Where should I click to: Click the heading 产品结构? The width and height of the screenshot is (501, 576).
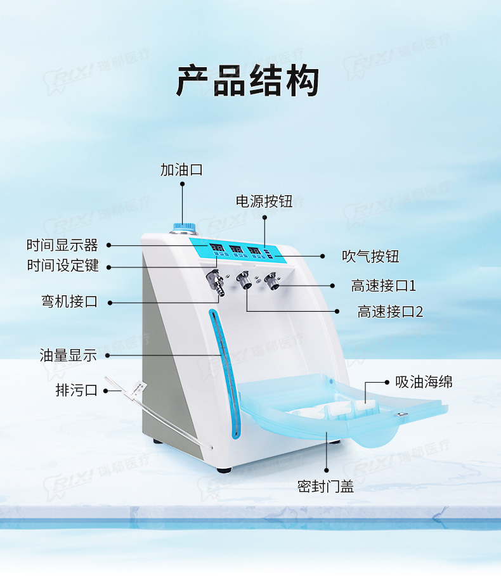coord(247,80)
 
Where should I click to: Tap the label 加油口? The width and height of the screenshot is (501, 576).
coord(181,170)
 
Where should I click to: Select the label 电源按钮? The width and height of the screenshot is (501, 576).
coord(264,202)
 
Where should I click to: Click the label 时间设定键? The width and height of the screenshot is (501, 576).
coord(63,266)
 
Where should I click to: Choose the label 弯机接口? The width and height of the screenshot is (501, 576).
coord(70,302)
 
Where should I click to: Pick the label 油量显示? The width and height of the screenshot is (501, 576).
coord(68,355)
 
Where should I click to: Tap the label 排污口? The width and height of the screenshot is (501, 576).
coord(77,390)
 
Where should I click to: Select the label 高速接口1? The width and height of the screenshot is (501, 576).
coord(384,286)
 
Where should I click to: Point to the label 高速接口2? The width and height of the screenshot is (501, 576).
coord(390,311)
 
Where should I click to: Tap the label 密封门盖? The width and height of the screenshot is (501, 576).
coord(326,486)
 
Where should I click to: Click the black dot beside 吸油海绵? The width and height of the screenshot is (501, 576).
coord(387,383)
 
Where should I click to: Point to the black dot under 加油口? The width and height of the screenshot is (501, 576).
coord(182,184)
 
